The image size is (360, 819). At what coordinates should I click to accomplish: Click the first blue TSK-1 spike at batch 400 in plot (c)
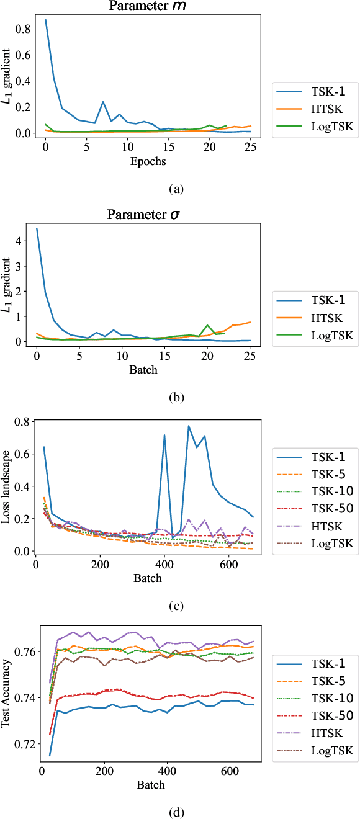[x=164, y=435]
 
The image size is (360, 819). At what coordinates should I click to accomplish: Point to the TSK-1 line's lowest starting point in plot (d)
[x=50, y=755]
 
